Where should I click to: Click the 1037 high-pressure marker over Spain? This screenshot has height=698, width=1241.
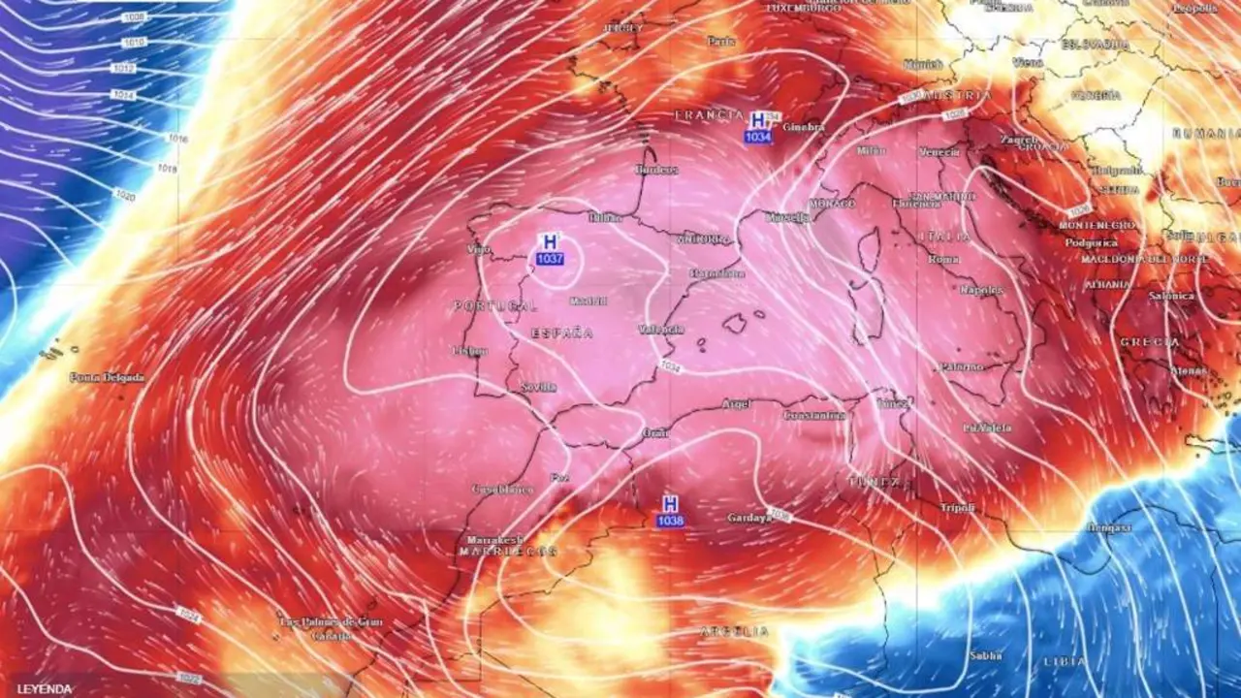click(550, 249)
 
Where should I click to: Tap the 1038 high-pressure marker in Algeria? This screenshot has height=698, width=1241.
click(670, 511)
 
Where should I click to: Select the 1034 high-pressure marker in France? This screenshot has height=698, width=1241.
click(758, 127)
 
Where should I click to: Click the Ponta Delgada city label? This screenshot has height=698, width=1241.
click(107, 377)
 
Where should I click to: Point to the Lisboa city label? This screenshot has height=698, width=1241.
click(470, 351)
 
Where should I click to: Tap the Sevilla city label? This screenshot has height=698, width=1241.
click(538, 387)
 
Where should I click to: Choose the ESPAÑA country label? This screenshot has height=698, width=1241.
click(562, 333)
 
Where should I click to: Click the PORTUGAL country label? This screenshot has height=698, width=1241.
click(494, 306)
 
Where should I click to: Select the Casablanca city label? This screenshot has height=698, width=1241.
click(503, 490)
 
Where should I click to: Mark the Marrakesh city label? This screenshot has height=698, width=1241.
click(494, 540)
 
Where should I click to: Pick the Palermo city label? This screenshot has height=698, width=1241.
click(961, 366)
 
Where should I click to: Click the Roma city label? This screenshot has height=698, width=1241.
click(943, 259)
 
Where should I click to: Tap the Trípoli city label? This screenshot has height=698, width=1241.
click(957, 508)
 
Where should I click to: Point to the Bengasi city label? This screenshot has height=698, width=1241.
click(1109, 527)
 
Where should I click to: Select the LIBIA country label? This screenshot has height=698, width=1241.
click(1065, 661)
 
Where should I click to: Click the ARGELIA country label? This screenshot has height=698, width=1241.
click(735, 632)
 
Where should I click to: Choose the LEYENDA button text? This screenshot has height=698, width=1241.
click(45, 689)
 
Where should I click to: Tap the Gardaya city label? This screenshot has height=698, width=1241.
click(749, 518)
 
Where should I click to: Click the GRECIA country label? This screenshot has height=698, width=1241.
click(1150, 342)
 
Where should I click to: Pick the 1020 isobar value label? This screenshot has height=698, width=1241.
click(125, 196)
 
